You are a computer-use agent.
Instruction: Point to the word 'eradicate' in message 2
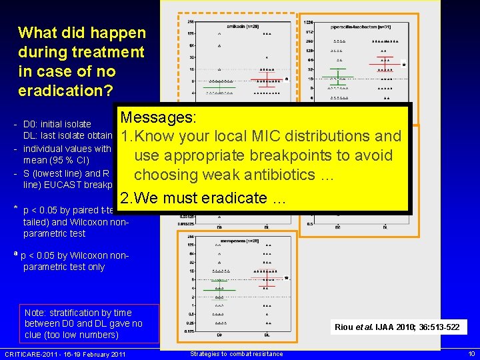point(224,198)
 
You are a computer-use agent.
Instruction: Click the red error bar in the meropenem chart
point(266,279)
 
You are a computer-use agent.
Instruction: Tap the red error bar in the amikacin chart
point(267,81)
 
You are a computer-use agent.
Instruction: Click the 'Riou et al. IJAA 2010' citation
point(397,327)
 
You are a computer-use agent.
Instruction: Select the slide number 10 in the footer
point(471,353)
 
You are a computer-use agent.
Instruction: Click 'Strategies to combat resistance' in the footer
point(236,353)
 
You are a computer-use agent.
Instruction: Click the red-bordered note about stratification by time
point(83,323)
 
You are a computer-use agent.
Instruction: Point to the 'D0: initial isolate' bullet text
point(57,124)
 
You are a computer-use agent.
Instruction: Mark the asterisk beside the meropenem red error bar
point(286,278)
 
